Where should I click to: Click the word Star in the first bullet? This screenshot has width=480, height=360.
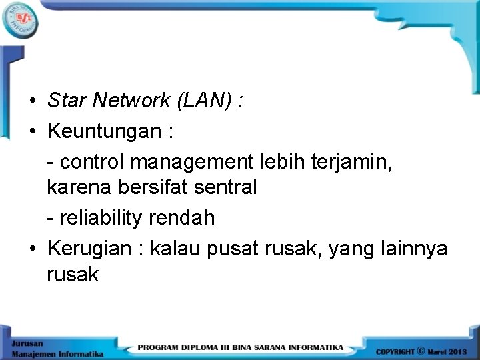(67, 101)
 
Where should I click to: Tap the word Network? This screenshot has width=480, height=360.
(132, 101)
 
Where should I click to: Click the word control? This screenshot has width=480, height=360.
(93, 161)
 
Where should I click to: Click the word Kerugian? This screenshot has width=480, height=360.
(90, 248)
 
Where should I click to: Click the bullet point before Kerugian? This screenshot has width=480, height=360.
(32, 249)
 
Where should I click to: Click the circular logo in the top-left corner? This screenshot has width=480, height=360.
(21, 21)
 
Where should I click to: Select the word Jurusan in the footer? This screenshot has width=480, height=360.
(25, 342)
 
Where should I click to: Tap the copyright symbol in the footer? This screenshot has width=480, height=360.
(420, 349)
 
